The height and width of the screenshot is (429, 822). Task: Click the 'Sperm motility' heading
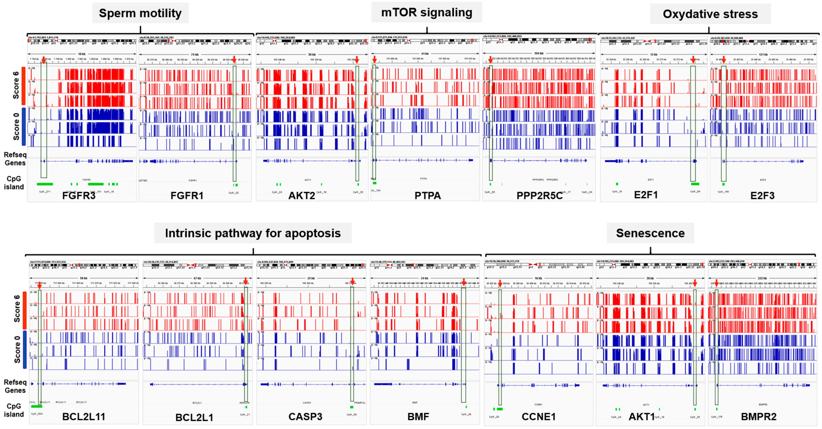click(x=140, y=13)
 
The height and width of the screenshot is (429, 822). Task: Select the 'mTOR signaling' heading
click(x=427, y=12)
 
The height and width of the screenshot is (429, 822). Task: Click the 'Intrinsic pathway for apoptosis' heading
click(x=253, y=233)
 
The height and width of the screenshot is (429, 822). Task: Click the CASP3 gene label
click(x=305, y=417)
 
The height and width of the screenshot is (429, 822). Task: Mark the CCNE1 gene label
click(x=538, y=417)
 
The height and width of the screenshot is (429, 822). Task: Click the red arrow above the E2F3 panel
click(x=724, y=59)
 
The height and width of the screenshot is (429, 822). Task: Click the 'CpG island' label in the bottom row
click(x=14, y=410)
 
